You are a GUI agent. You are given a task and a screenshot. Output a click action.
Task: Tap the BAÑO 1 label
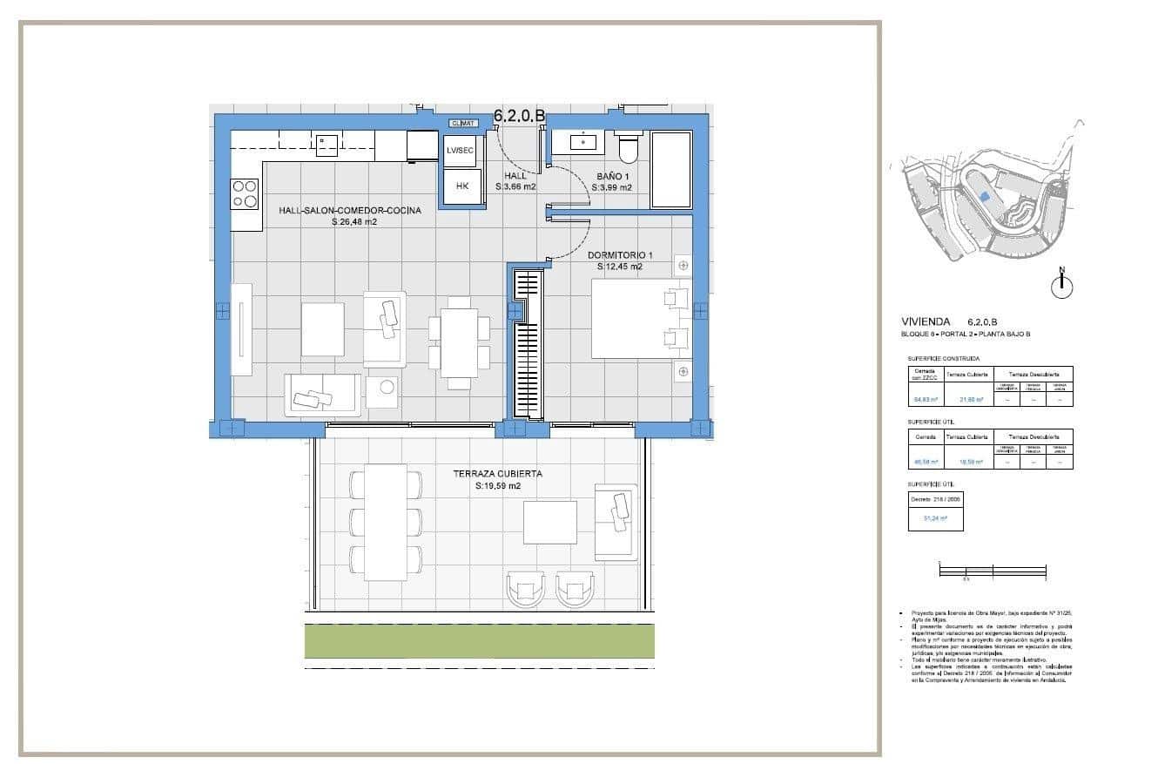pyautogui.click(x=611, y=175)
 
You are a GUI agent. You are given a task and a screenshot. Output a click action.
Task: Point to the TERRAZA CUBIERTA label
pyautogui.click(x=497, y=474)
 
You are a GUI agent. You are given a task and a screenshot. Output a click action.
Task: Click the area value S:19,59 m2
pyautogui.click(x=497, y=486)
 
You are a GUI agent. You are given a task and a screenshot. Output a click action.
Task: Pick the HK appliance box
pyautogui.click(x=462, y=186)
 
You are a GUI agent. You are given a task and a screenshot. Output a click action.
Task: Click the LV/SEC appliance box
pyautogui.click(x=461, y=150)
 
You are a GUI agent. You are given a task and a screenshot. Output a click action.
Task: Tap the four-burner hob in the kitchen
pyautogui.click(x=245, y=193)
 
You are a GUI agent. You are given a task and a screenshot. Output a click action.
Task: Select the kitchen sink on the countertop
pyautogui.click(x=327, y=144)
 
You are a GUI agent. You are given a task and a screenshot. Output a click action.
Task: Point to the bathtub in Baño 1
pyautogui.click(x=670, y=170)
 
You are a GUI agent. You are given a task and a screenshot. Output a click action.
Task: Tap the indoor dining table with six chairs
pyautogui.click(x=459, y=342)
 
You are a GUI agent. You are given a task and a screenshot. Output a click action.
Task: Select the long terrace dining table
pyautogui.click(x=385, y=522)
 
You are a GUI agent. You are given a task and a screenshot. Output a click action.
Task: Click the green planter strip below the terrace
pyautogui.click(x=479, y=641)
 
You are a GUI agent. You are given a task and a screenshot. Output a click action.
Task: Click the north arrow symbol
pyautogui.click(x=1061, y=284)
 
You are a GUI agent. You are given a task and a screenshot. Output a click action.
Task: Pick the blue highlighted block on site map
pyautogui.click(x=984, y=197)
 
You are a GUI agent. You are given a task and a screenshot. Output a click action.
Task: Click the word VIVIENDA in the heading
pyautogui.click(x=926, y=321)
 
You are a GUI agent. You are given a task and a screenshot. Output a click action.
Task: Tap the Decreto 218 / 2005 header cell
pyautogui.click(x=935, y=500)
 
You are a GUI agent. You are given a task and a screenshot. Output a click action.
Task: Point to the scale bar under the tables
pyautogui.click(x=992, y=571)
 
